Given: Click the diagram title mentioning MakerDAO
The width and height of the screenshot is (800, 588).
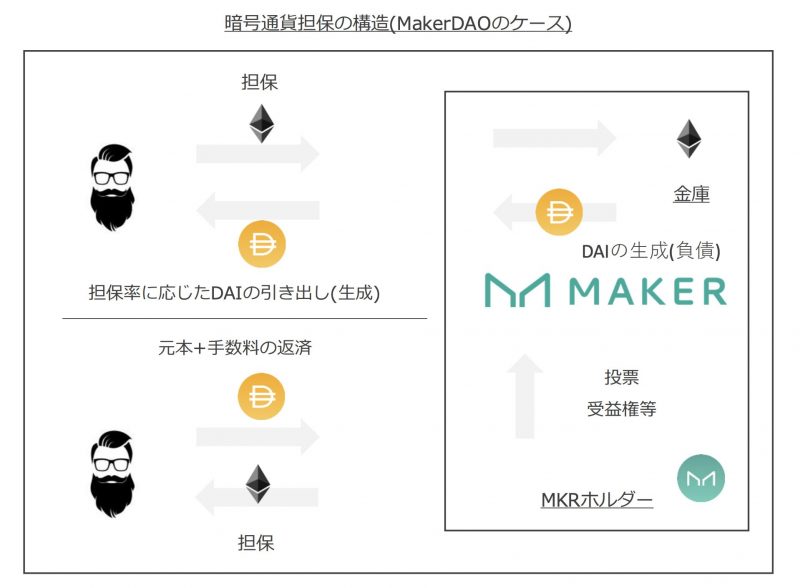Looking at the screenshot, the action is point(398,23).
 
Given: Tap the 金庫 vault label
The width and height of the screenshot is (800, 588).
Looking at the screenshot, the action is point(691,194).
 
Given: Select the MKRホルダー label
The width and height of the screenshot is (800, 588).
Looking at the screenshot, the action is point(597,499).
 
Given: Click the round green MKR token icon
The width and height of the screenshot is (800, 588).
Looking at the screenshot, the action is point(701,478).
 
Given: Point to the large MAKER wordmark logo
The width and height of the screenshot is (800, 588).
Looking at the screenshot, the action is point(606,290).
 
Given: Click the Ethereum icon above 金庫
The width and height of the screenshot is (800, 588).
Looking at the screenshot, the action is point(689,138).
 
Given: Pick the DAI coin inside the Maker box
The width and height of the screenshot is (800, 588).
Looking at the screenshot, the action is point(559,212).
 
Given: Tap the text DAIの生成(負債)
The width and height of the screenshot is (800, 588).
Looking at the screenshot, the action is point(651,251).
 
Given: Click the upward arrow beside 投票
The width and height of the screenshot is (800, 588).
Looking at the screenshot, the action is point(524,396).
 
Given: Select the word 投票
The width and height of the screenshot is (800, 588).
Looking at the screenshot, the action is point(621,377).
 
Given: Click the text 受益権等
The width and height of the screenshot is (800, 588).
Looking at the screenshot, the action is point(621,408).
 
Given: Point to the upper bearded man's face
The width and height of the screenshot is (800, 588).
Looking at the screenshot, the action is point(112,187).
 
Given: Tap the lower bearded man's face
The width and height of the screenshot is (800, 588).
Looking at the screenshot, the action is point(112,474).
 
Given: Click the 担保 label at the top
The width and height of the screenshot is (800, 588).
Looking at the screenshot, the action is point(260,82).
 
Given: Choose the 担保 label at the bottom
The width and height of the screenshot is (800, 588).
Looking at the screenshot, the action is point(256,543).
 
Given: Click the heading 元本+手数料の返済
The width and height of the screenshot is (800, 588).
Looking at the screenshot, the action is point(235,348).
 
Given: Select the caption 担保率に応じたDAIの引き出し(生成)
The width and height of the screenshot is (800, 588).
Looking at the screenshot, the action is point(234,292).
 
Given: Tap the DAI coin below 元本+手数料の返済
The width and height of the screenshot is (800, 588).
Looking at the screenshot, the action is point(261,396).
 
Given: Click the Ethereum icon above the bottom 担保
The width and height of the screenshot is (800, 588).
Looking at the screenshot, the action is point(258,484).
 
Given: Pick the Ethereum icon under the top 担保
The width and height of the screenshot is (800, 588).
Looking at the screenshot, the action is point(262,124).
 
